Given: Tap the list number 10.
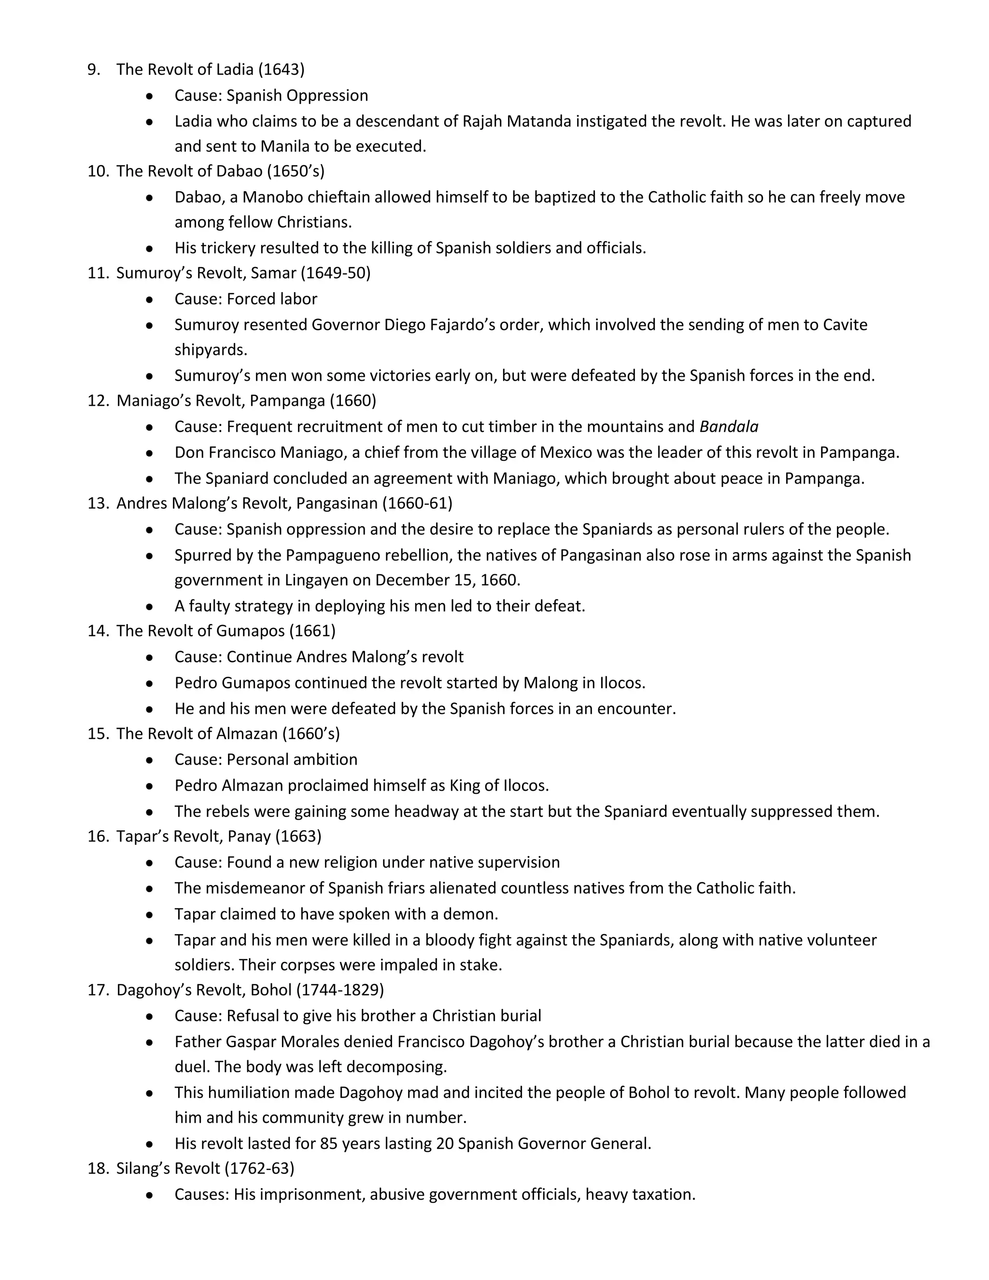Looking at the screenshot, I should [x=99, y=171].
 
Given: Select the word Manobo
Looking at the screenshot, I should [x=271, y=197].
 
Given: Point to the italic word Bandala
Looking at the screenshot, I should [x=729, y=427].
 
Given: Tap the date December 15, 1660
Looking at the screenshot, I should [x=447, y=580].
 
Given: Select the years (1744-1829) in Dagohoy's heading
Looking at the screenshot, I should [x=340, y=990].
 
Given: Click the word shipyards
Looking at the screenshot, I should [x=211, y=350].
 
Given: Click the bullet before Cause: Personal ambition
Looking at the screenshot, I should [x=150, y=760].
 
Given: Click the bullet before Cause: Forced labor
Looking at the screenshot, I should [x=150, y=299].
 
